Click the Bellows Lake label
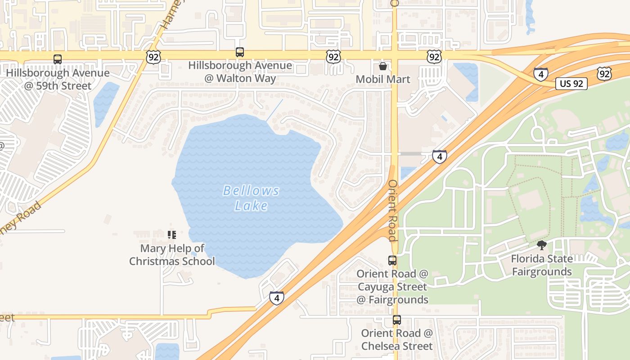(x=252, y=198)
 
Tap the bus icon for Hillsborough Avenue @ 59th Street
(x=58, y=59)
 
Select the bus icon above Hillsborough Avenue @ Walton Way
(x=240, y=52)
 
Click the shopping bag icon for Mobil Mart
(x=383, y=66)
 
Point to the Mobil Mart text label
(x=383, y=79)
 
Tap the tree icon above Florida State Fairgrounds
(x=542, y=245)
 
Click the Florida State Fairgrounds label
(x=542, y=265)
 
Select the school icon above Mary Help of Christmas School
(x=171, y=234)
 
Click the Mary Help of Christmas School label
(x=172, y=255)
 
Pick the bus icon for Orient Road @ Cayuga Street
(x=392, y=260)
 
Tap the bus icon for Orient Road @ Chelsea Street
(x=396, y=320)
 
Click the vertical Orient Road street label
(x=392, y=211)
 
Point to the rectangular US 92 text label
(x=571, y=83)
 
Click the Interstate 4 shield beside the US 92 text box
(x=540, y=74)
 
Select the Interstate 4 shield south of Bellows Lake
(x=277, y=298)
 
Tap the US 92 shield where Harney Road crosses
(x=153, y=57)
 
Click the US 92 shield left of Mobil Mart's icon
(x=333, y=57)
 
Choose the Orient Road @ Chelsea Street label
(x=396, y=339)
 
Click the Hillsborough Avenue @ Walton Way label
(x=240, y=72)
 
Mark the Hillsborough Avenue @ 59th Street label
(x=58, y=79)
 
